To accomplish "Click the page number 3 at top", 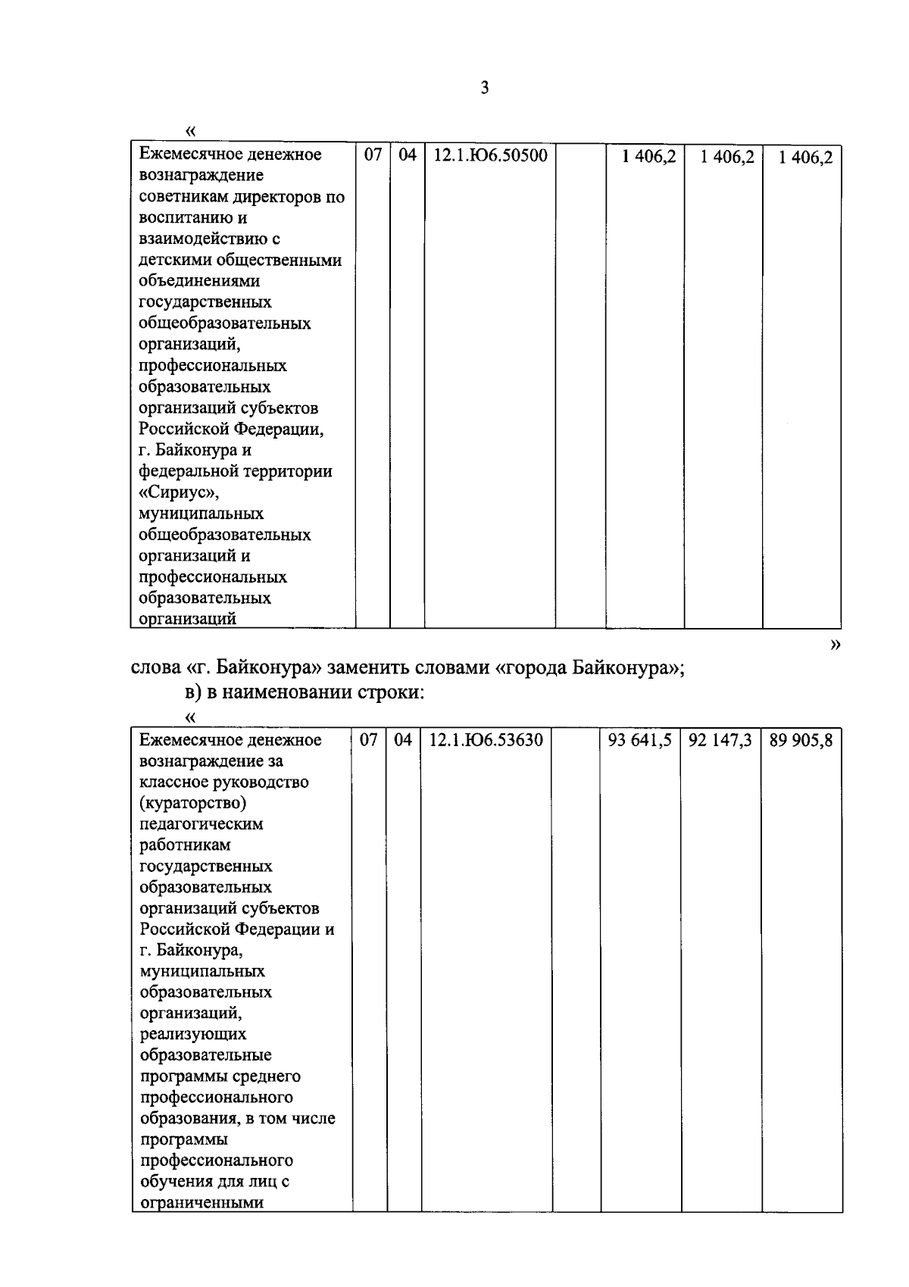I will click(485, 88).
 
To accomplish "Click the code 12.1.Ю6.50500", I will click(489, 155).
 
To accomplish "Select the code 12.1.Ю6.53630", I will click(486, 740).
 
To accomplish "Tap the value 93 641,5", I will click(639, 740).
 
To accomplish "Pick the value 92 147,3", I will click(720, 740).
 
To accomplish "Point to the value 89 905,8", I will click(801, 740).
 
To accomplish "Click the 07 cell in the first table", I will click(373, 155).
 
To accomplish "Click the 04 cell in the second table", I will click(403, 740).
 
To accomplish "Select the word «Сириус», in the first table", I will click(180, 492).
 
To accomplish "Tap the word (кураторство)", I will click(193, 802).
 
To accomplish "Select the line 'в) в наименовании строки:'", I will click(303, 692).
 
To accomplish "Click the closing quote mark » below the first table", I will click(835, 645).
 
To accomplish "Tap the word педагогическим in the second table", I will click(201, 823).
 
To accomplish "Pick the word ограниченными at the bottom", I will click(201, 1203).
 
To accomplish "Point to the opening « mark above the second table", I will click(190, 717).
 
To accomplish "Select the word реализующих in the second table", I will click(193, 1034).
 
